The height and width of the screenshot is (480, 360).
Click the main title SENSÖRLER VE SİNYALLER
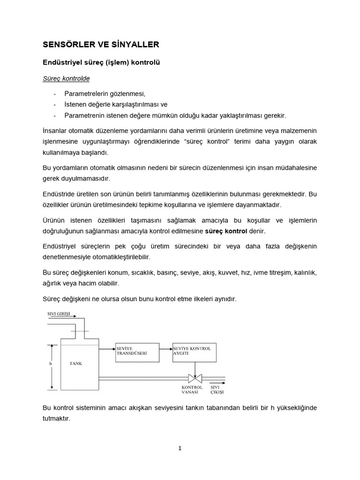coord(101,45)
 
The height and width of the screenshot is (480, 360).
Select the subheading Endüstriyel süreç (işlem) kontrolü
coord(102,62)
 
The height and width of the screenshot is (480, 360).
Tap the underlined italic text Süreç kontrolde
coord(66,78)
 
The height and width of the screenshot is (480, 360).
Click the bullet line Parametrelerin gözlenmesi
coord(105,93)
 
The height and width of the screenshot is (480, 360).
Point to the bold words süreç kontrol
coord(226,231)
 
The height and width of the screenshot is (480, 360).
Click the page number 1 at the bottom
coord(180,448)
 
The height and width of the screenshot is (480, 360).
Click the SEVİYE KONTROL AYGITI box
coord(195,351)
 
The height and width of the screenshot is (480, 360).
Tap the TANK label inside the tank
coord(75,364)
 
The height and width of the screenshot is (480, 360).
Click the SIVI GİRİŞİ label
coord(59,314)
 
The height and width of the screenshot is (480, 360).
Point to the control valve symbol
coord(192,378)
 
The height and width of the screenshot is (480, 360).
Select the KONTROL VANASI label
coord(192,390)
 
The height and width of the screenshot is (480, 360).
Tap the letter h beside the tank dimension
coord(50,364)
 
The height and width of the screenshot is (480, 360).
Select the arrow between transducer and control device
coord(166,348)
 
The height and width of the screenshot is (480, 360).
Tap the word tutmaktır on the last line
coord(56,419)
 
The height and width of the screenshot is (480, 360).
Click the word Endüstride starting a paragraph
coord(60,194)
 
